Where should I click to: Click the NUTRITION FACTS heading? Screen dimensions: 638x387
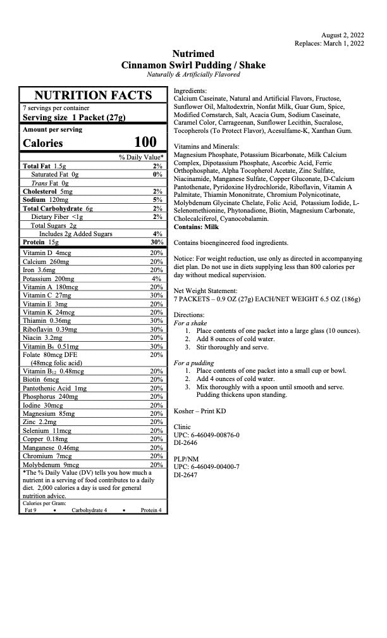tap(93, 96)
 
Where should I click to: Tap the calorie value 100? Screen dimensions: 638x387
tap(145, 142)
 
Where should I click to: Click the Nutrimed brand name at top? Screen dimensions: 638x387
tap(193, 54)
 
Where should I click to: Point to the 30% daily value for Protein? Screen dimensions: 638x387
tap(157, 242)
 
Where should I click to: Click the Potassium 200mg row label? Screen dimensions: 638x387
tap(48, 278)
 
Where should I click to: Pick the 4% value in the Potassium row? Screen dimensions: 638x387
tap(157, 278)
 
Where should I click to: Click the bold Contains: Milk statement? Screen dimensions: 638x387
tap(196, 227)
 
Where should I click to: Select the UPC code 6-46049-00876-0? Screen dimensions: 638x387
tap(207, 435)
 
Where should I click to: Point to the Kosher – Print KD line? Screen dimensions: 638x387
tap(200, 411)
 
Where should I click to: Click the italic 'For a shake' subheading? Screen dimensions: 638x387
tap(191, 323)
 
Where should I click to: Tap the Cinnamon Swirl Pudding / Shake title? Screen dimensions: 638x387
tap(193, 65)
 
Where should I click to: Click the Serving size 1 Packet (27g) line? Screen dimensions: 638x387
tap(74, 117)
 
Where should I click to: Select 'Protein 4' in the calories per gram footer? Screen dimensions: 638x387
tap(150, 510)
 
